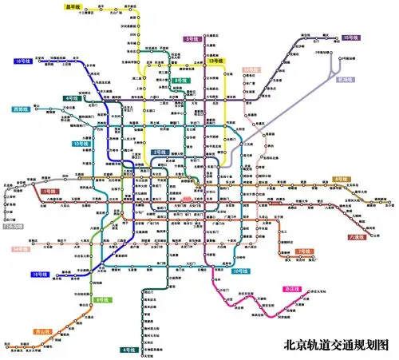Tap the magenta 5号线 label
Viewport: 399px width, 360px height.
[192, 38]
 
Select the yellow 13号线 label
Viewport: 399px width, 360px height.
[215, 61]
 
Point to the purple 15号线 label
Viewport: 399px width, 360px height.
[350, 38]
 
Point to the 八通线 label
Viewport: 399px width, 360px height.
[357, 236]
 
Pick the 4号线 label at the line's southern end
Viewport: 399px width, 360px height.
[128, 350]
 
